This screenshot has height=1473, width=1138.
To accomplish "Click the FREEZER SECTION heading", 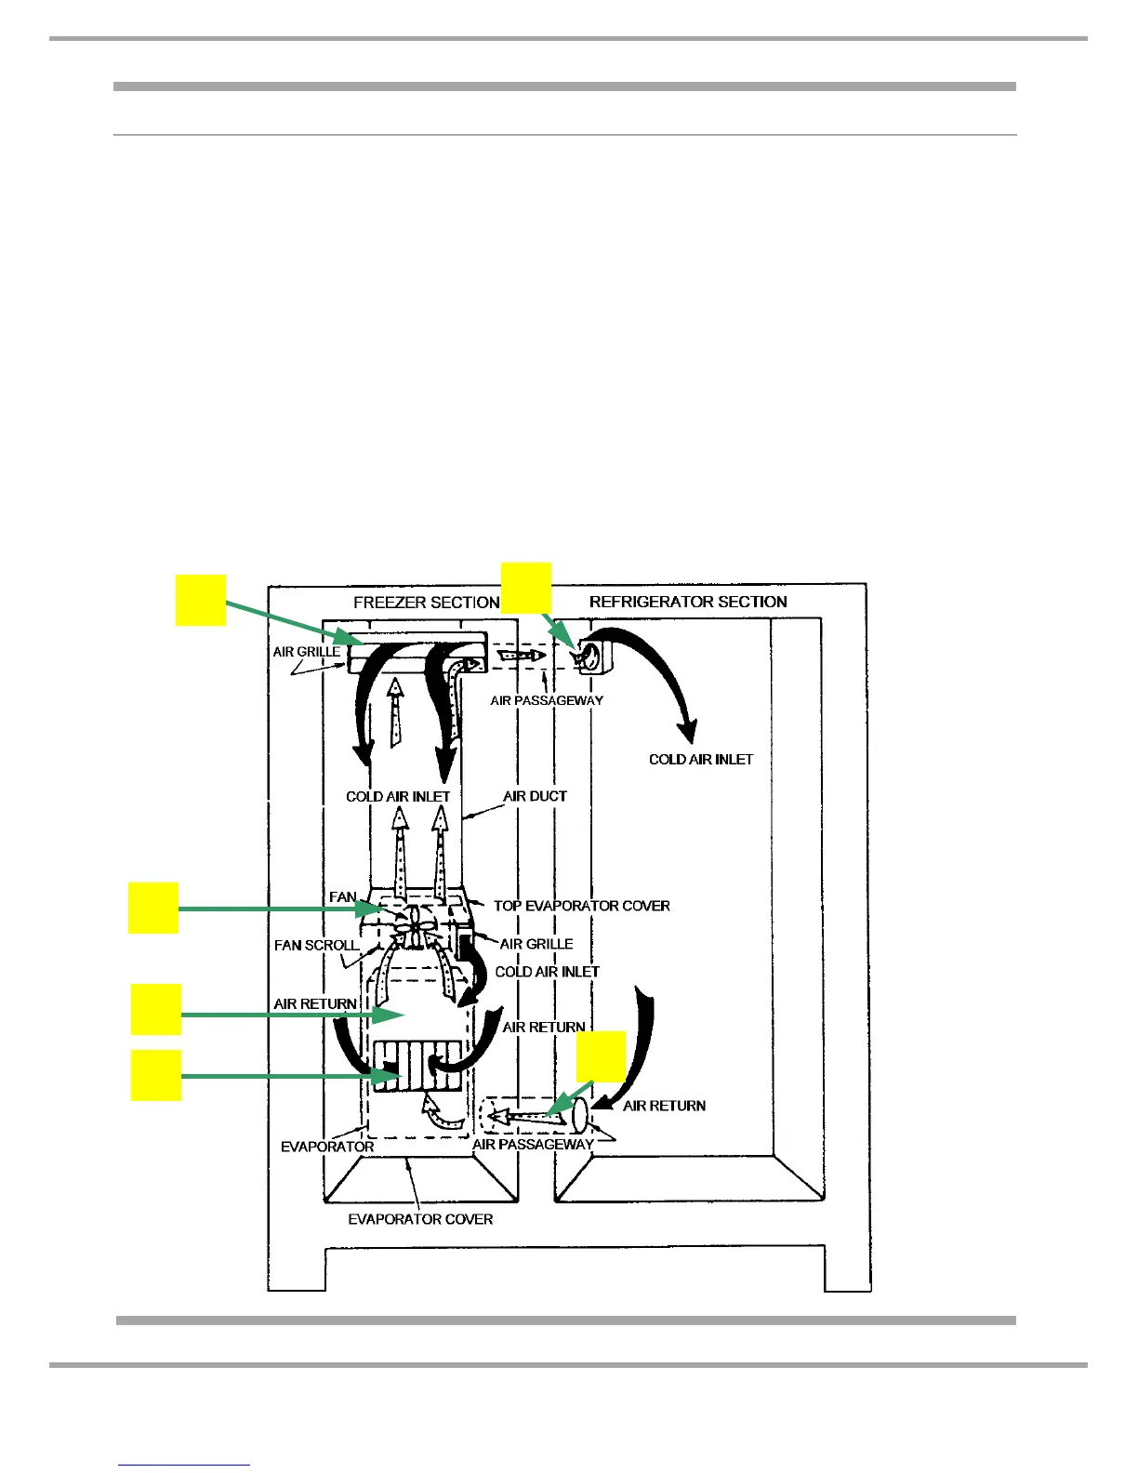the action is point(427,603).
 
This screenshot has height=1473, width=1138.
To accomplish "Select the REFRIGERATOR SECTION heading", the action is point(688,602).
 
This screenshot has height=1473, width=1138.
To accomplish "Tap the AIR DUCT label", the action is point(535,796).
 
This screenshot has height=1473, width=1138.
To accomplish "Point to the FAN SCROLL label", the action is point(316,945).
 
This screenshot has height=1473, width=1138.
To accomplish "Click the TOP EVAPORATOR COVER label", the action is point(581,906).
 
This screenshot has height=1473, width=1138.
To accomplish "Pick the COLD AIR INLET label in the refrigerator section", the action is point(701,759).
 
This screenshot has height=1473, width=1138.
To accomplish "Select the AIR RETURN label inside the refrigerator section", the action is point(664,1106).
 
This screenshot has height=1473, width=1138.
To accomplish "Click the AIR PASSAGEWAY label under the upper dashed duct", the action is point(547,700).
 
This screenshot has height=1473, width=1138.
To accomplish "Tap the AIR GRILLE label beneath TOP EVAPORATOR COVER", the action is point(536,944).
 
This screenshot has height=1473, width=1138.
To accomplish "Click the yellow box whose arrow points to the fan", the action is point(153,908).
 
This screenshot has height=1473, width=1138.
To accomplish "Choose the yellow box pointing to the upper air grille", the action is point(201,600).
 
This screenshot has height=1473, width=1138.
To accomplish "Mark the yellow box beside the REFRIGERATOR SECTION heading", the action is point(526,587).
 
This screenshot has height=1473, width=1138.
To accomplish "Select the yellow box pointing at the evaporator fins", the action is point(155,1076).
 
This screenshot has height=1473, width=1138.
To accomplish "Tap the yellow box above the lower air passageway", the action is point(601,1056).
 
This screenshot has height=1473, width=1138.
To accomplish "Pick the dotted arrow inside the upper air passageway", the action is point(522,656).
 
